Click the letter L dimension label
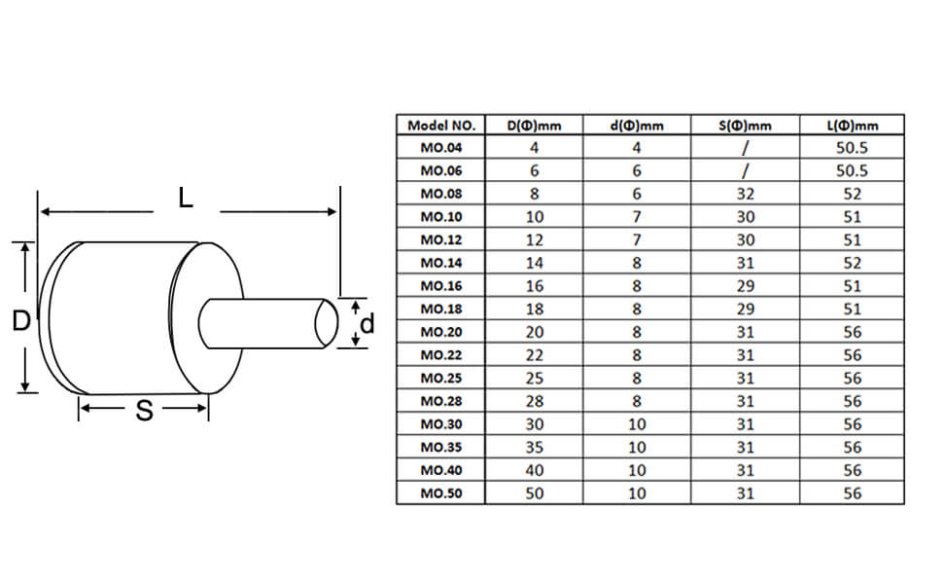(186, 198)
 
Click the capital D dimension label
(21, 320)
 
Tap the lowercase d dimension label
(367, 324)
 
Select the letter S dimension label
(144, 410)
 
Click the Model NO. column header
(441, 126)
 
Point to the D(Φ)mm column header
(534, 126)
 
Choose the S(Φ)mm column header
(745, 126)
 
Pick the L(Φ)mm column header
(853, 126)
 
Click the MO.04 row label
(441, 148)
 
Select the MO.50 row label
(441, 493)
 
